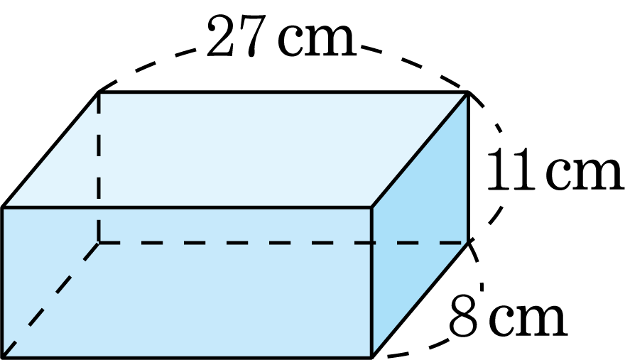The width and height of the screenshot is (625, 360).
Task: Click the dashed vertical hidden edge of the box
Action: (x=99, y=167)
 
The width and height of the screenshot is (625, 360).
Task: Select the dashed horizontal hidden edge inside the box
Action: (x=283, y=242)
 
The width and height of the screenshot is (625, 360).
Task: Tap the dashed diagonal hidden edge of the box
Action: (x=50, y=300)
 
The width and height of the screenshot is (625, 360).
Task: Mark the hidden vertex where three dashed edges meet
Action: (x=99, y=242)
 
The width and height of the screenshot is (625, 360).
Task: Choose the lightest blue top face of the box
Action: (x=235, y=150)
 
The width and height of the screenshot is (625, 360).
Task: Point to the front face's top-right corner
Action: (x=371, y=208)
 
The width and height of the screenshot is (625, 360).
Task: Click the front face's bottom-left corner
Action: (x=2, y=357)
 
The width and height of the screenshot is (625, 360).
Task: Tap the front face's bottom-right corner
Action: (x=371, y=357)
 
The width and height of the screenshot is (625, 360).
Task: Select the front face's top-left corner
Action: (x=2, y=208)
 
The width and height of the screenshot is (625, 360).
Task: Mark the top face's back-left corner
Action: (x=99, y=92)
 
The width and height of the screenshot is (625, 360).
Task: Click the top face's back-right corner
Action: (x=468, y=92)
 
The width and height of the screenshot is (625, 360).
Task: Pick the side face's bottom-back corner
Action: (x=468, y=242)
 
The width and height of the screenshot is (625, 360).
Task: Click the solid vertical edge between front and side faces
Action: (x=371, y=283)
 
